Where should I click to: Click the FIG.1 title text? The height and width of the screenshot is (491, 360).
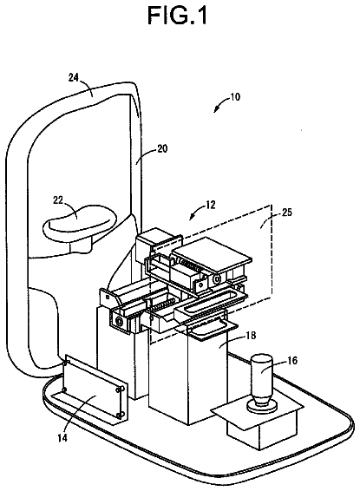pos(177,16)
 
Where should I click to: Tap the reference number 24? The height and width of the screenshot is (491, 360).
pos(74,77)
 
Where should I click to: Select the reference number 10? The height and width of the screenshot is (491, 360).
pos(235,97)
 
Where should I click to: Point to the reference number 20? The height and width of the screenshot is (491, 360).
pos(162,148)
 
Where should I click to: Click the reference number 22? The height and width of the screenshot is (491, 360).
pos(58,200)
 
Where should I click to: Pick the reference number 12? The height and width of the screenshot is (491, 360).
pos(211,205)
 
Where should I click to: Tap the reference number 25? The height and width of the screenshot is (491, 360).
pos(287,212)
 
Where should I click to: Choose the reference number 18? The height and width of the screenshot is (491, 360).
pos(251,336)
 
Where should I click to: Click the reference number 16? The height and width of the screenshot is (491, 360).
pos(292,360)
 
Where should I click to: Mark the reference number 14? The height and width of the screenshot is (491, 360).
pos(62,437)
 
